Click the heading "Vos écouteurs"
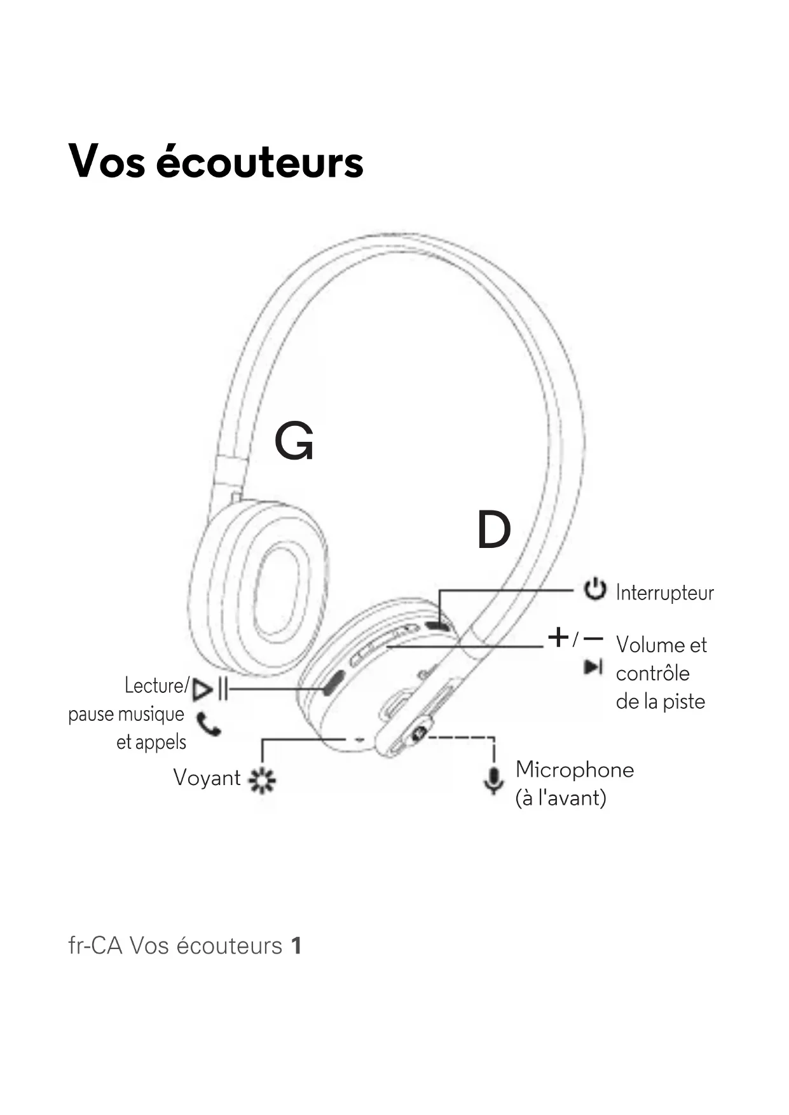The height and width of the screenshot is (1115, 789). [x=216, y=161]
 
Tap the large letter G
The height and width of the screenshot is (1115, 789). [x=294, y=442]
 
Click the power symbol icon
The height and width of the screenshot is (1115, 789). [x=594, y=589]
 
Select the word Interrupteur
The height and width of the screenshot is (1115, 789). [x=664, y=593]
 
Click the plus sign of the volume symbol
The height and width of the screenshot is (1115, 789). [x=558, y=636]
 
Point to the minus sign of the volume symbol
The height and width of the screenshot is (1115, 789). [x=593, y=637]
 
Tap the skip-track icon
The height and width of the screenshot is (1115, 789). [x=593, y=667]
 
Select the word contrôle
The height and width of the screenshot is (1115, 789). [x=652, y=674]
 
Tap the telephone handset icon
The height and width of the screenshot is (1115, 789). [x=209, y=724]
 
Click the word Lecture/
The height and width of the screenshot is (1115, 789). [x=156, y=686]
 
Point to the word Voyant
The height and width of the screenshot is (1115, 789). [x=207, y=778]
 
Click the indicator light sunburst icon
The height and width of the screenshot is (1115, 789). [x=262, y=779]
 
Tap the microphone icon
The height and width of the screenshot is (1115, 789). [x=493, y=779]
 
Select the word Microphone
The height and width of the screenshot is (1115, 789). [x=575, y=770]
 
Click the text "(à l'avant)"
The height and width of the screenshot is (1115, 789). [x=561, y=798]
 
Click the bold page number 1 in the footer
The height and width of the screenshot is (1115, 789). [x=296, y=946]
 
